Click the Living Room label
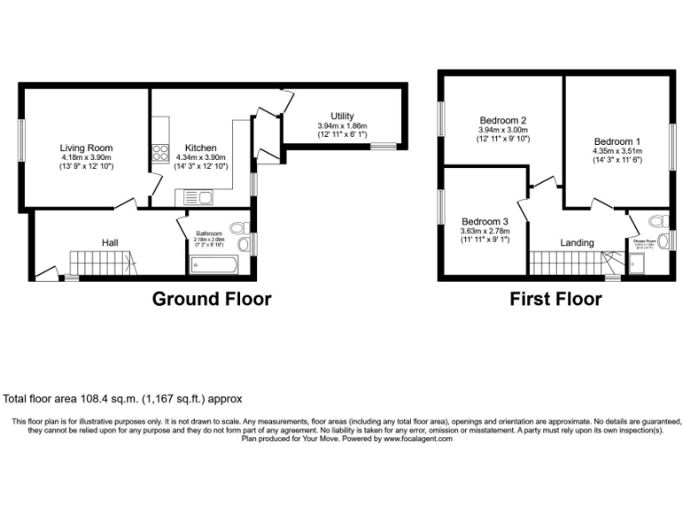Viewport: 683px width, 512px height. pos(86,148)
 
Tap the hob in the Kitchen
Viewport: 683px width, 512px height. pos(161,152)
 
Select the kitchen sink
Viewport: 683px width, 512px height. pos(193,196)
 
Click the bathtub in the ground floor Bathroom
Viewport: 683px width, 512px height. pos(213,265)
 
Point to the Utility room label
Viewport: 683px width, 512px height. pos(342,116)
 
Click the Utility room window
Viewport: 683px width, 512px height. pos(384,146)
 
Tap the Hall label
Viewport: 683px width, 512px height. pos(110,242)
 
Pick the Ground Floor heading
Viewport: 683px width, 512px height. pos(212,299)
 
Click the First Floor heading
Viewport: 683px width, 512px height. pos(555,299)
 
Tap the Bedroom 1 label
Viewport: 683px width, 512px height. pos(616,141)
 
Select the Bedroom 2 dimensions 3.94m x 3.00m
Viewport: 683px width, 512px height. pos(503,130)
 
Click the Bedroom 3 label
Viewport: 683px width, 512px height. pos(485,221)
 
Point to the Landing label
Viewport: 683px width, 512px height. pos(576,243)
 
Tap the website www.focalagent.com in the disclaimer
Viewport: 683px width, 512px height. pos(417,438)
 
